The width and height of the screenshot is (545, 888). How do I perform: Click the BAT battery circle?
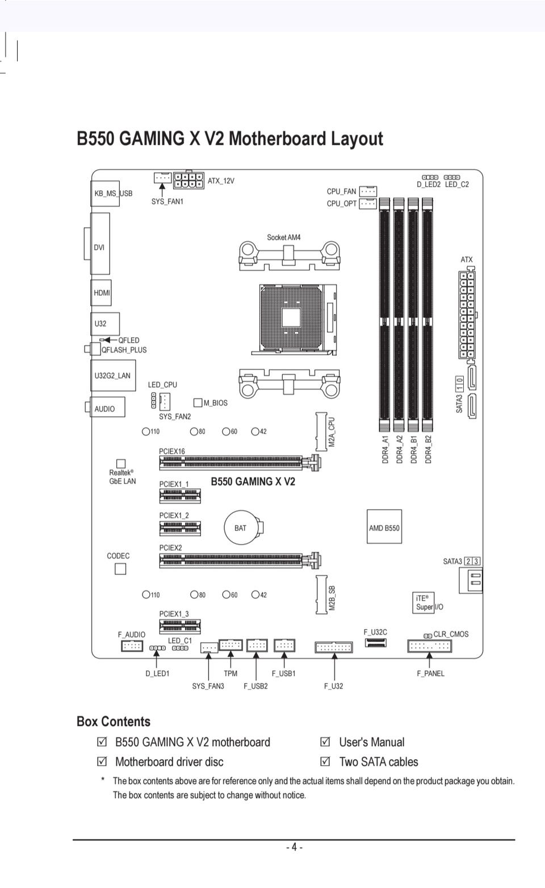241,527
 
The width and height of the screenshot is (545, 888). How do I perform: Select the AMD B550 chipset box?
384,527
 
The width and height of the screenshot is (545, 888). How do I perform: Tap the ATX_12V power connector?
188,180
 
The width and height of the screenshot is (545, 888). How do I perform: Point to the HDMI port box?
101,293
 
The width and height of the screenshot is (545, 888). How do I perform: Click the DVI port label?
99,247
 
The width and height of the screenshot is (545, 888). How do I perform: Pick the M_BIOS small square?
198,403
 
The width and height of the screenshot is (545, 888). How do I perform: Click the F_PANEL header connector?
429,646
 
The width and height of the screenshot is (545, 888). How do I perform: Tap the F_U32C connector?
375,643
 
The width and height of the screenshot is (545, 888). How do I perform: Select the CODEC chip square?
120,568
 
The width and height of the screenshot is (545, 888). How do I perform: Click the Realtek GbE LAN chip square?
121,464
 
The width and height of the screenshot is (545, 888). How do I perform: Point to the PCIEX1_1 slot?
179,496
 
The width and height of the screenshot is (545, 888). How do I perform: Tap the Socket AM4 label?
284,237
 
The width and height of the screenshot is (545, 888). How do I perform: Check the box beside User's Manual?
325,742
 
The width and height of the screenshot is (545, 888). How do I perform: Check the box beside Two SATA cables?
325,761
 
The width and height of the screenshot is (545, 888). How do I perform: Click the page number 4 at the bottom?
294,847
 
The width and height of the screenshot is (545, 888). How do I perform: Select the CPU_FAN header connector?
368,191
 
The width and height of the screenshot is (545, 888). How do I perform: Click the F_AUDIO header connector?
132,646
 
